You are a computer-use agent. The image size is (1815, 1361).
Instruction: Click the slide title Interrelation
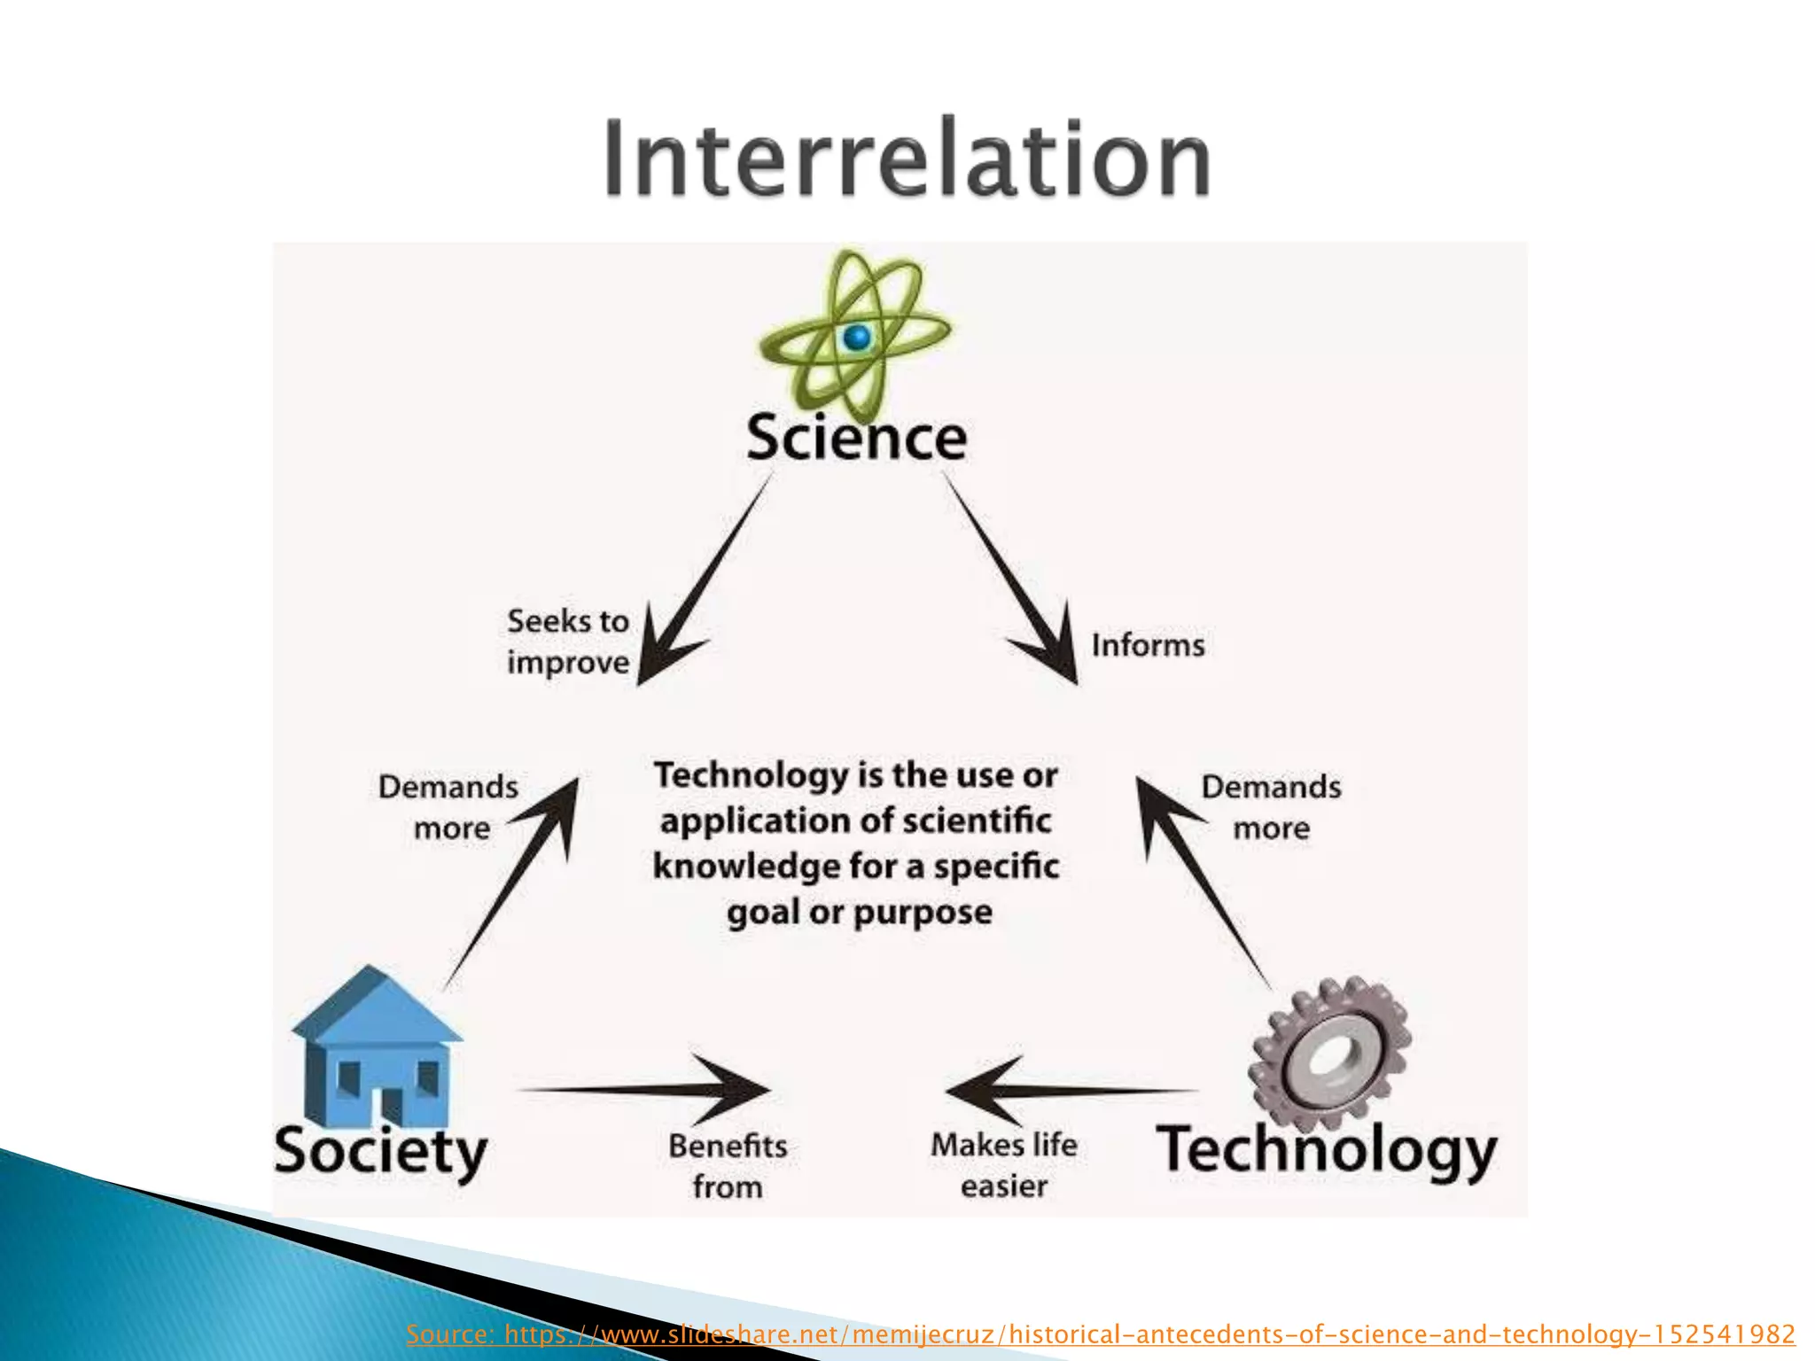pos(907,159)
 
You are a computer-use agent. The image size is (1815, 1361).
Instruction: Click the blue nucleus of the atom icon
pos(857,337)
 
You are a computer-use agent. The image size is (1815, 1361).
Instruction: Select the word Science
pos(856,437)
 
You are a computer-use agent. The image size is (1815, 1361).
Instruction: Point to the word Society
pos(380,1151)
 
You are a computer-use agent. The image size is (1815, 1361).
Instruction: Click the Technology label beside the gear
pos(1327,1151)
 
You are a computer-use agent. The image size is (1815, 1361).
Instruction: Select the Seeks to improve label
pos(568,642)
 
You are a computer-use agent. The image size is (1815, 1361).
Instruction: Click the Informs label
pos(1148,645)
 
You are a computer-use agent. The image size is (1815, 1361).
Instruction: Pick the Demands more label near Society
pos(448,806)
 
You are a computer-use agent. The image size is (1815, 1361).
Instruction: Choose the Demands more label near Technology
pos(1271,806)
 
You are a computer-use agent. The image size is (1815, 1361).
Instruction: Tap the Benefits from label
pos(728,1165)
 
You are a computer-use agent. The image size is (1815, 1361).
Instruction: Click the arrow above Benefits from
pos(647,1089)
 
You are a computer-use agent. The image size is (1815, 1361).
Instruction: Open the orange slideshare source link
pos(1100,1334)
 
